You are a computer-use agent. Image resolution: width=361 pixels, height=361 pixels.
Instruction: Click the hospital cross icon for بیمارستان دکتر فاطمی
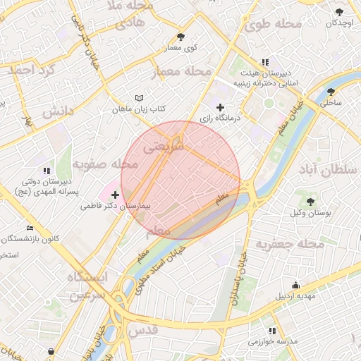point(116,194)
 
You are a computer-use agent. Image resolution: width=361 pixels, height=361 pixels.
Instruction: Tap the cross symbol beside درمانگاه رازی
point(221,107)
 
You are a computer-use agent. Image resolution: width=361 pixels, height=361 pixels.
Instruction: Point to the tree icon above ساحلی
point(331,92)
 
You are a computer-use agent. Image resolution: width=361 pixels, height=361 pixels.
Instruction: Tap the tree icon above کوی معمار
point(181,37)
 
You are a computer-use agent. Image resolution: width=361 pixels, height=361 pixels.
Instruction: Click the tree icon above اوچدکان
point(340,12)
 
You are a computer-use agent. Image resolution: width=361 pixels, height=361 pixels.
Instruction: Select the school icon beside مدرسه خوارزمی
point(272,331)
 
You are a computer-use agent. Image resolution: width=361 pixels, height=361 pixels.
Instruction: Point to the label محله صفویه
point(109,164)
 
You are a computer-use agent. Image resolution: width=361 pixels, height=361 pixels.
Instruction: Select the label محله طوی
point(274,24)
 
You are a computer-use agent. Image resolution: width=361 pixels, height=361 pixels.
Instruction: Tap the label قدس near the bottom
point(142,329)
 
